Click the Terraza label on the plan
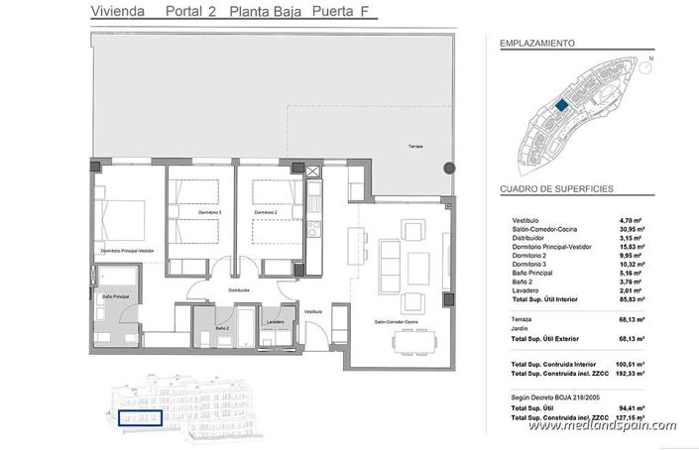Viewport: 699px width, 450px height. click(x=413, y=147)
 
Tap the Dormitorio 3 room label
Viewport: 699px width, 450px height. click(x=207, y=212)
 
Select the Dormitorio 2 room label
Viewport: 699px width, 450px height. click(x=263, y=212)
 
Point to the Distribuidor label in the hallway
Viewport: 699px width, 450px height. click(x=237, y=290)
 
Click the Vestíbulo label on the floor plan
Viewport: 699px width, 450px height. click(x=313, y=311)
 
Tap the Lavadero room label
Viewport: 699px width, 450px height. click(x=276, y=321)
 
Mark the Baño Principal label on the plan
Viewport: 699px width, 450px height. click(x=117, y=296)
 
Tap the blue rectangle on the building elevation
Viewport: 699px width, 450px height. click(x=138, y=418)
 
